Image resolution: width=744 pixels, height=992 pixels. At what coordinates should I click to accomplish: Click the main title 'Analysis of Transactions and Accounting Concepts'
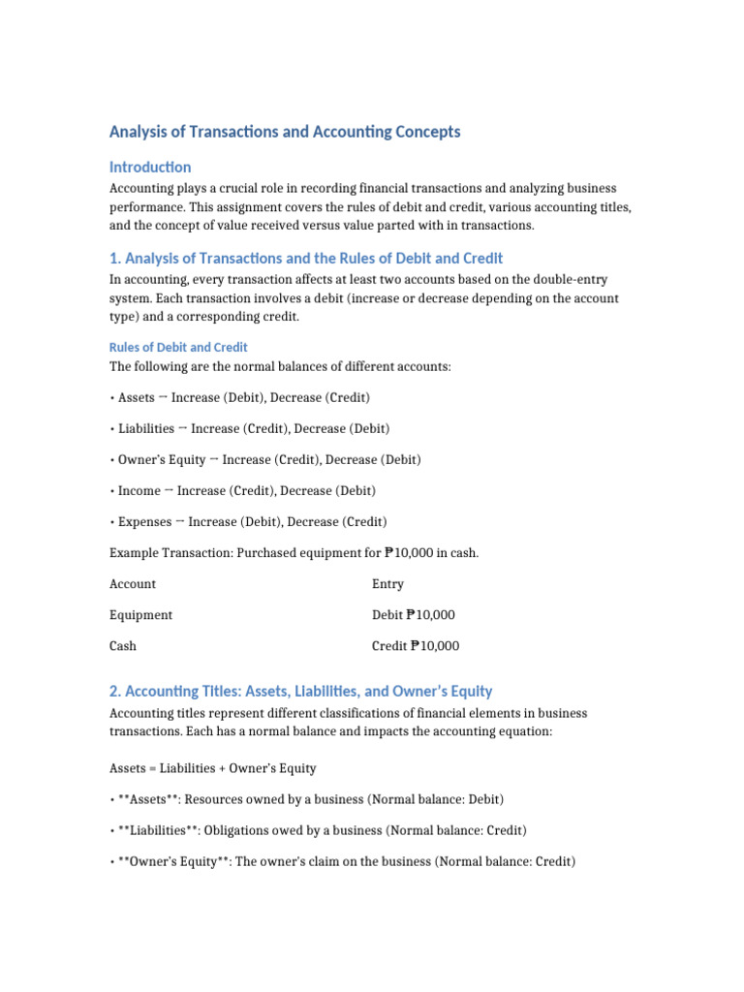click(x=285, y=131)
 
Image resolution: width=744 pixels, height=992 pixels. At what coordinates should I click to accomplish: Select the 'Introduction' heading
click(x=150, y=167)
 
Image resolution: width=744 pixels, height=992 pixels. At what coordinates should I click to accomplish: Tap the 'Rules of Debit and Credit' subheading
click(x=178, y=347)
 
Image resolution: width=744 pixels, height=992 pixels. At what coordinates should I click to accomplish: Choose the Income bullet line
click(x=243, y=490)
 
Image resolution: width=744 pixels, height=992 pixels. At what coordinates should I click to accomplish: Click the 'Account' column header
click(x=133, y=584)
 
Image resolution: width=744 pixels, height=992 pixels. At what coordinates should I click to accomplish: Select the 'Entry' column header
click(x=387, y=584)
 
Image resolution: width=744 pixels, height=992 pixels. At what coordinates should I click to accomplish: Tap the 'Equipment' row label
click(x=141, y=615)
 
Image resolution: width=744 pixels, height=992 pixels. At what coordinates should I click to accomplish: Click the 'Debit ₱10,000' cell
click(x=414, y=615)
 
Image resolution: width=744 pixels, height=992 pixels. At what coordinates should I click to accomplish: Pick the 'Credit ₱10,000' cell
click(x=416, y=646)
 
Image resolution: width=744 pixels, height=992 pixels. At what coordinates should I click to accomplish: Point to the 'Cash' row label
click(x=123, y=646)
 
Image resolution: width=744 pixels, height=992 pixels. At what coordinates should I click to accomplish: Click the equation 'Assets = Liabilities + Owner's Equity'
click(x=213, y=768)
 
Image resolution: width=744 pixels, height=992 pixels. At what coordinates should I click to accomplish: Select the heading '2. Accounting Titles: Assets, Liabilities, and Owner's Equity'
click(x=300, y=691)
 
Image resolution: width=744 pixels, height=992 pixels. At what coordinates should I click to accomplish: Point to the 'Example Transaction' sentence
click(x=294, y=553)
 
